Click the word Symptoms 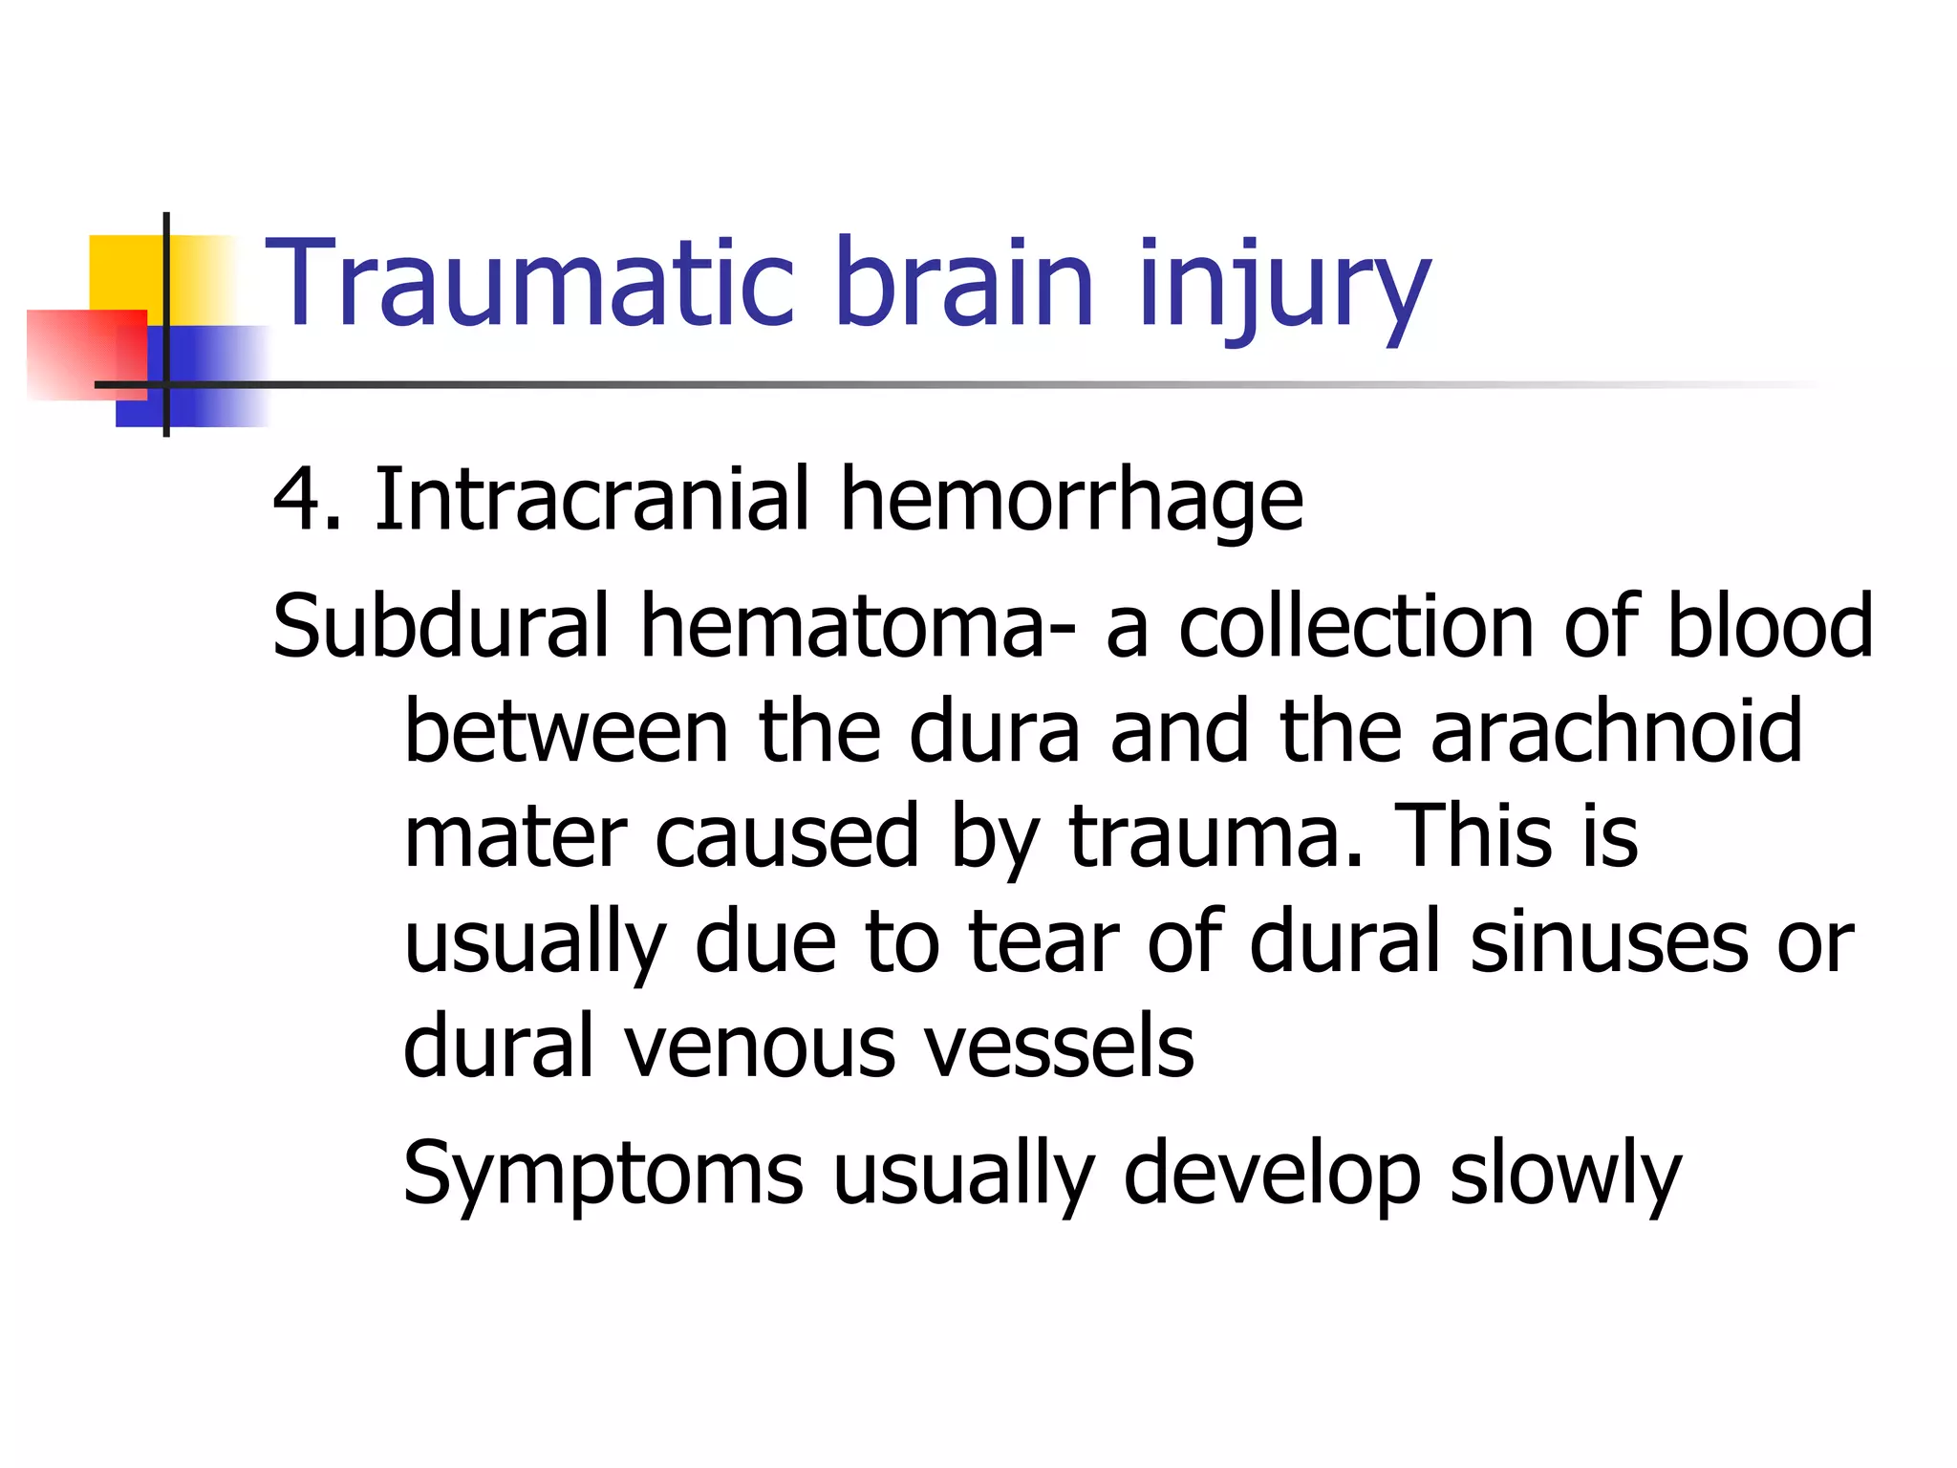pos(603,1174)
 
